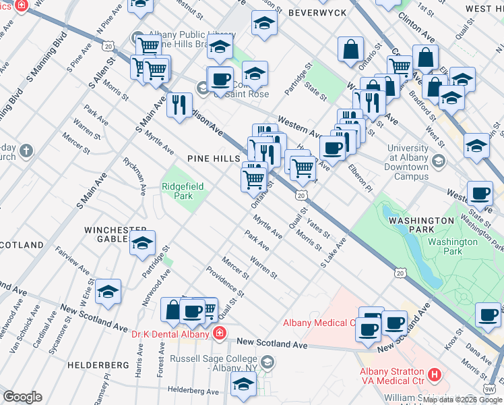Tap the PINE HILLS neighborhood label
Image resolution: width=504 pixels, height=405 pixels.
coord(214,158)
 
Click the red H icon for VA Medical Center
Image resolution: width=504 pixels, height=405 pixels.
coord(435,373)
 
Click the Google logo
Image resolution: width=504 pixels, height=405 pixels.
coord(23,397)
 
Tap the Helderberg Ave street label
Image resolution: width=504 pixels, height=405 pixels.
coord(194,391)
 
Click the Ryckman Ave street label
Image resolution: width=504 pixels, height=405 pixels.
coord(133,175)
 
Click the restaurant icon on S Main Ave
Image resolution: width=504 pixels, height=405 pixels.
coord(179,105)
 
